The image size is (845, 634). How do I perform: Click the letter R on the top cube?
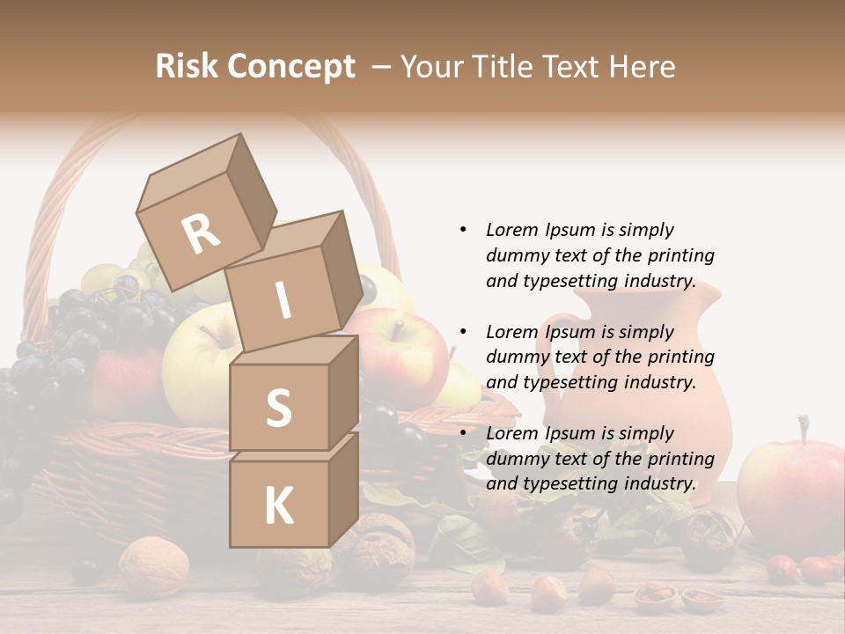201,233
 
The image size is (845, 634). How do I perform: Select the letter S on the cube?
278,407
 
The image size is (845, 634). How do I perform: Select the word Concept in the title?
290,66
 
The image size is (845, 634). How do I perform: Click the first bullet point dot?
463,230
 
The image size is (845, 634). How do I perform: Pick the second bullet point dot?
463,332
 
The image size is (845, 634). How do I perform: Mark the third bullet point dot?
463,433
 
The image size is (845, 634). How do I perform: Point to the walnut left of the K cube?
154,564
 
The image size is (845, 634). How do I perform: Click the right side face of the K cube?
343,489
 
